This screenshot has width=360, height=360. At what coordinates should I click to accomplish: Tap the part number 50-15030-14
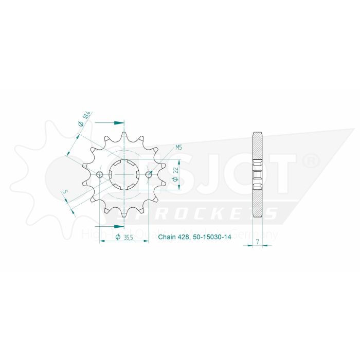coord(212,237)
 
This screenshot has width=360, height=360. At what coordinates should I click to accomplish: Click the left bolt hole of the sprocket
coord(100,175)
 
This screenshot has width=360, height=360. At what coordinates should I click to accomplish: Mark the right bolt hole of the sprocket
coord(149,175)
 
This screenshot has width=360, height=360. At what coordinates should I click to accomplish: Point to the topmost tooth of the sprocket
coord(124,136)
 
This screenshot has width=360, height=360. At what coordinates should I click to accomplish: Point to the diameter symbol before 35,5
coord(118,237)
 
